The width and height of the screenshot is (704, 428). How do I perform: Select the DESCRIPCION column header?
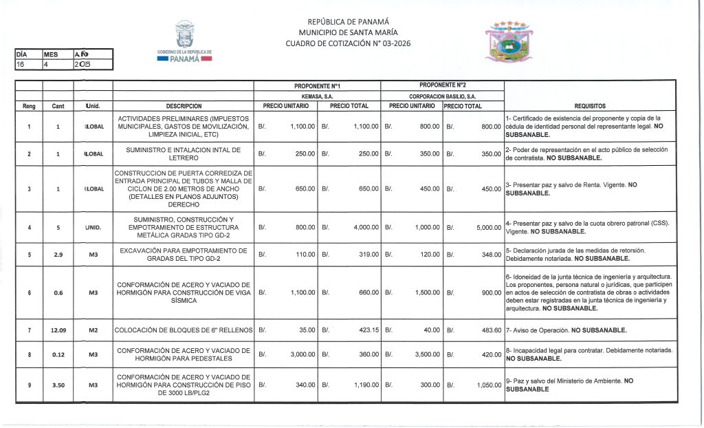184,107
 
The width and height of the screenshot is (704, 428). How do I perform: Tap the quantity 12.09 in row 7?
58,330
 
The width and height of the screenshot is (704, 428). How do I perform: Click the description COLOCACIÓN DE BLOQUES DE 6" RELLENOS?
184,330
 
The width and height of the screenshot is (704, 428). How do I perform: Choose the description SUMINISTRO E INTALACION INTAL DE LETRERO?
184,153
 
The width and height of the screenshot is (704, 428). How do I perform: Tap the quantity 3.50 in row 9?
58,385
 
